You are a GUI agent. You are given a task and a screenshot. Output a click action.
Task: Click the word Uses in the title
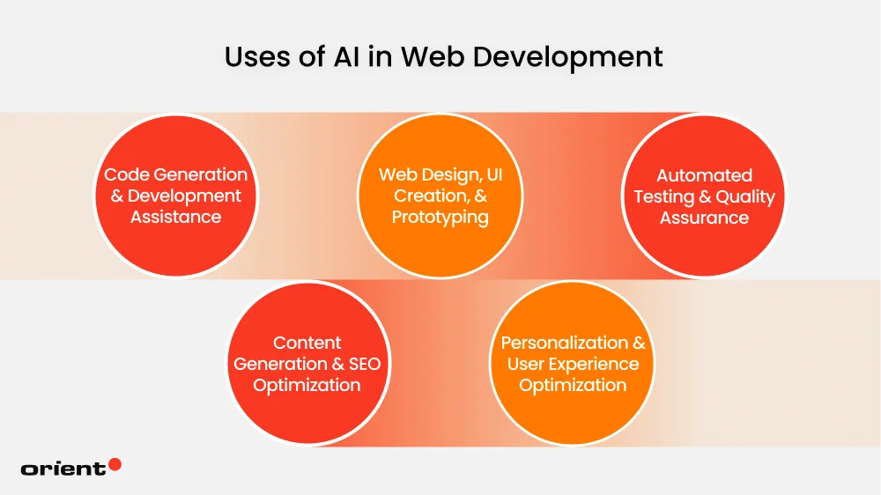coord(253,57)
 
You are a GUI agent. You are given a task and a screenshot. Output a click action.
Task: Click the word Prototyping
coord(440,217)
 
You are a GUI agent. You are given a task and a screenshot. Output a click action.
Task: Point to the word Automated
coord(704,175)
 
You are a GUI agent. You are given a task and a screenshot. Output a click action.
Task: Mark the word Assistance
coord(175,217)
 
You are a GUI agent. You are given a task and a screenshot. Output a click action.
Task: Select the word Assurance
coord(704,218)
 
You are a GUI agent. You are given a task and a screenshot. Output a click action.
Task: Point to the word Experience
coord(596,364)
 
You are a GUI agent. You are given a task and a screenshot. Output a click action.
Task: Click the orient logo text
coord(63,469)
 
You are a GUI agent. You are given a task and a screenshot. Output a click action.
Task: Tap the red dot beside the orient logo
coord(115,464)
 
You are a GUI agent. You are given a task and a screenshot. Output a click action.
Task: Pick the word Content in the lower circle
coord(307,343)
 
